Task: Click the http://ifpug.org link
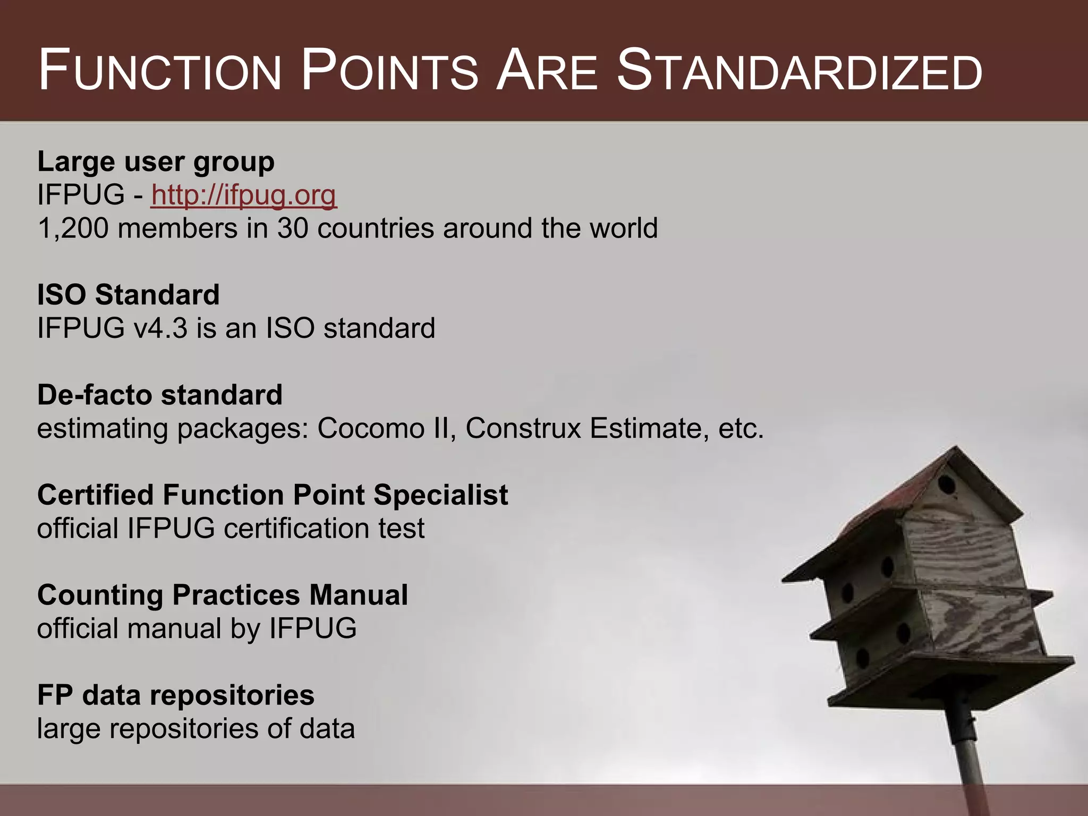click(243, 195)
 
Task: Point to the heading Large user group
click(156, 162)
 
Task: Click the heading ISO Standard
click(128, 295)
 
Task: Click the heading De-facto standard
click(159, 395)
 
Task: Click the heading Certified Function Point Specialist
click(273, 495)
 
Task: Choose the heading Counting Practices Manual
click(222, 595)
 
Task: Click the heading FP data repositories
click(175, 695)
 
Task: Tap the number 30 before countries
click(293, 229)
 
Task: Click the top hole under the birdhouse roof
click(946, 484)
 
